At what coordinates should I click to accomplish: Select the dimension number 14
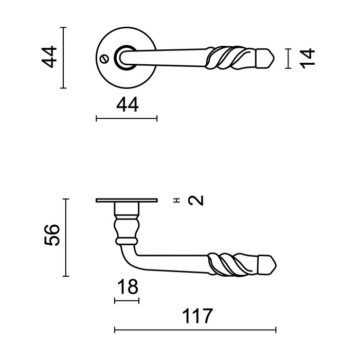point(307,58)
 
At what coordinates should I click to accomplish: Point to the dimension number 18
point(127,287)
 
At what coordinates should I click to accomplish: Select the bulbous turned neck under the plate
point(127,226)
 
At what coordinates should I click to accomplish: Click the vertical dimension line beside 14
point(290,58)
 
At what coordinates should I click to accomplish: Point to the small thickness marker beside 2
point(177,201)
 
